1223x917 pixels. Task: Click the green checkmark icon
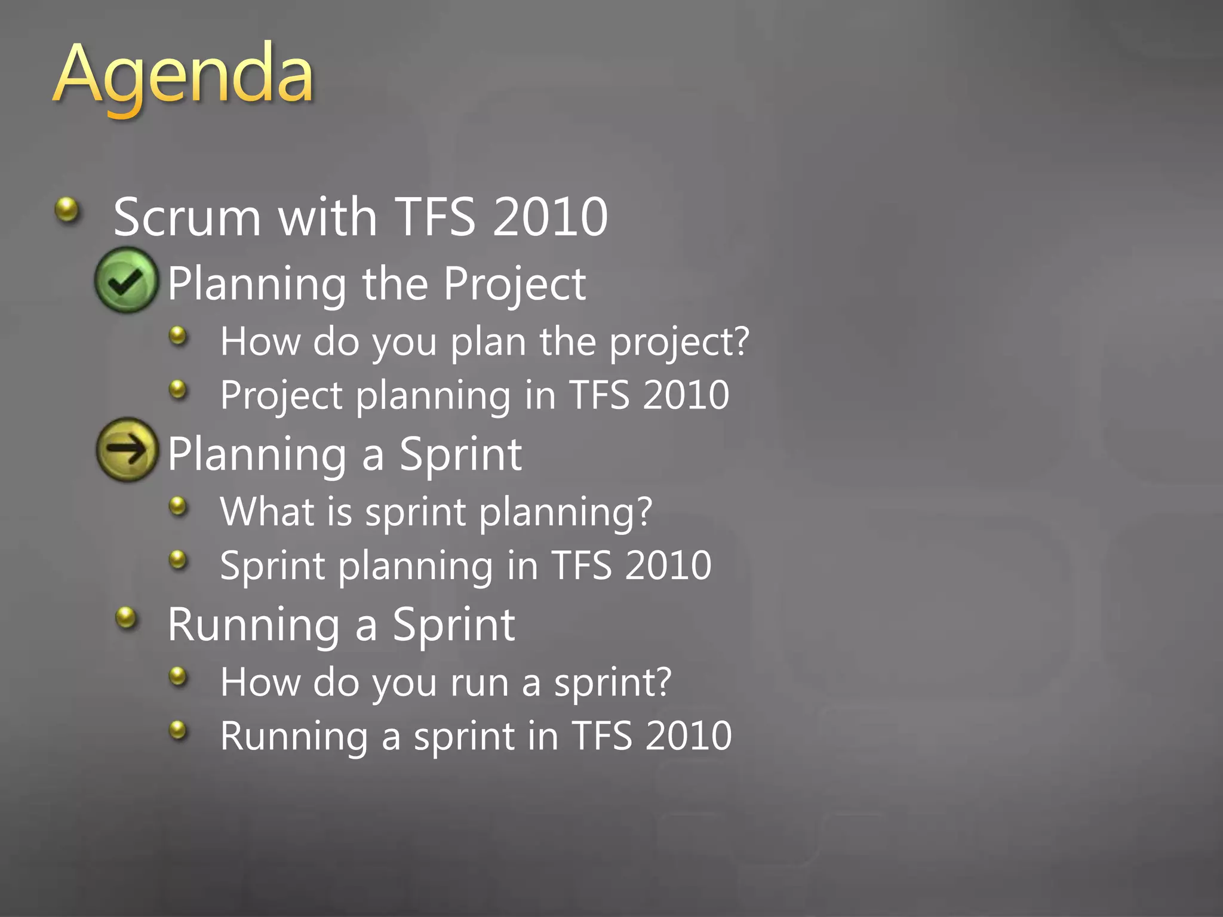[x=127, y=281]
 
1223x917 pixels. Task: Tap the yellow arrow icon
[x=127, y=450]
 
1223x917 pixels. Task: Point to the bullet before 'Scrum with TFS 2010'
[x=67, y=210]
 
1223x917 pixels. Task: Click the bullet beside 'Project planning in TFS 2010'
[x=178, y=390]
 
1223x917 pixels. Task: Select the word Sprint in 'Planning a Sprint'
[x=460, y=454]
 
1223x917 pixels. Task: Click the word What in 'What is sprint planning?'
[x=267, y=512]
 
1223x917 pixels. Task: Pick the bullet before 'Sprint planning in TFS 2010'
[x=178, y=560]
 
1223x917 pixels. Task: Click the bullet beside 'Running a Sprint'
[x=126, y=617]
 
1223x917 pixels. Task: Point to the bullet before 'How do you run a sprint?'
[x=178, y=676]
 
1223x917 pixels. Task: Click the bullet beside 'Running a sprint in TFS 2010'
[x=178, y=730]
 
